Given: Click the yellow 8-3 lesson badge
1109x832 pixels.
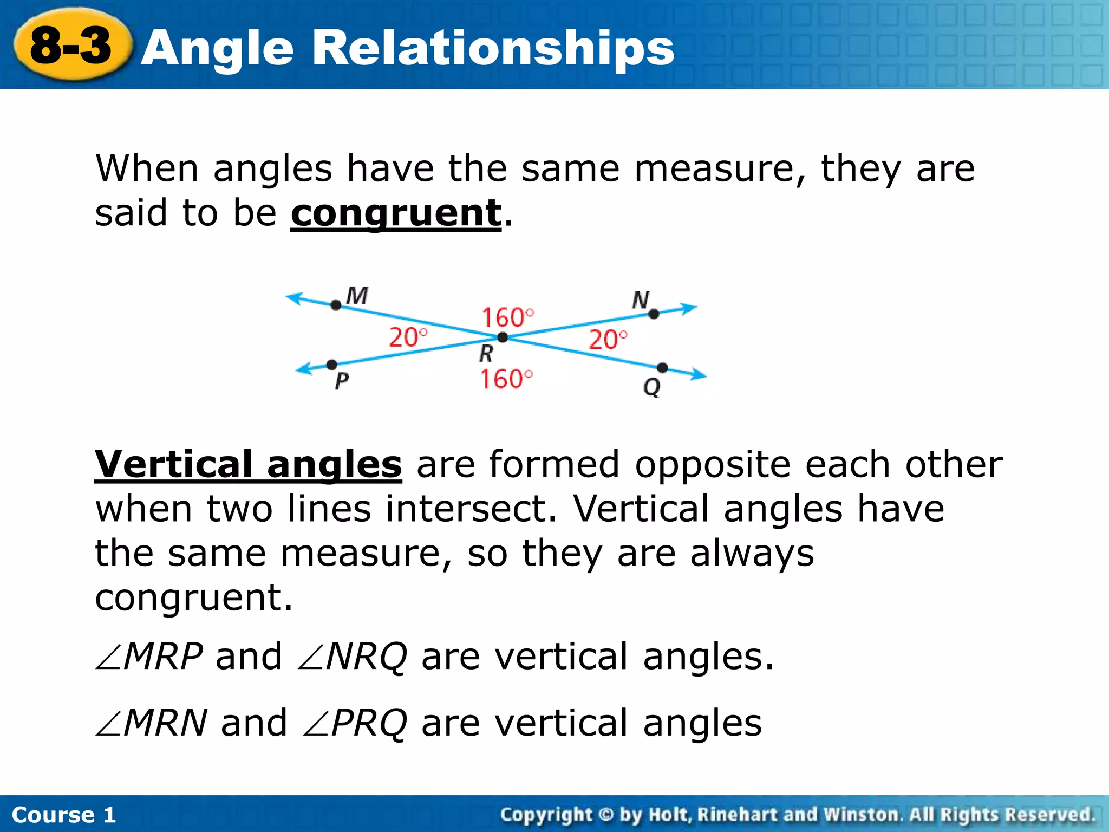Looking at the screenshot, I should point(71,45).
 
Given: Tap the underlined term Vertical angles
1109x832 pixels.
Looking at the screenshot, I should point(248,465).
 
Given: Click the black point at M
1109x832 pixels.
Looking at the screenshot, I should point(336,305).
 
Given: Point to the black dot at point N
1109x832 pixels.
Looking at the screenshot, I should point(654,314).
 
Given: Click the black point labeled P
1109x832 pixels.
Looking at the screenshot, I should point(332,365).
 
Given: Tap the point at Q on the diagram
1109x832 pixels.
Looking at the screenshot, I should point(662,368).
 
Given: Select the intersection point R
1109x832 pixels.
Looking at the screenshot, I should point(503,337).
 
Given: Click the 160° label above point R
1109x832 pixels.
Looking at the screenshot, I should point(507,317).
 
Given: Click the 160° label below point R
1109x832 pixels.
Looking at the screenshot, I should point(506,379).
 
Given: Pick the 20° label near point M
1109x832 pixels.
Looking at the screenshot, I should point(408,337).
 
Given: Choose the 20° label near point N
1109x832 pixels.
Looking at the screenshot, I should point(608,340).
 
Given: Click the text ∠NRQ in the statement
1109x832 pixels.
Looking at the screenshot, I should point(353,657).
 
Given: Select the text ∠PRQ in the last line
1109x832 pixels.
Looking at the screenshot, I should point(355,723).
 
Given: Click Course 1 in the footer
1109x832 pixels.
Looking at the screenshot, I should point(64,815).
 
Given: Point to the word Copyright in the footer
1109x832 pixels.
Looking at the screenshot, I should point(546,815).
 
